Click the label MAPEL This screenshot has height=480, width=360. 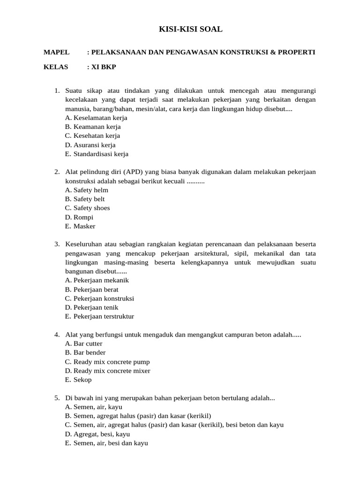pyautogui.click(x=56, y=52)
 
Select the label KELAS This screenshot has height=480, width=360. pyautogui.click(x=56, y=67)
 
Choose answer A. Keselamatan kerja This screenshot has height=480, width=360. pyautogui.click(x=96, y=118)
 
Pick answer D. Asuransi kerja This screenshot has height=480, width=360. pyautogui.click(x=90, y=145)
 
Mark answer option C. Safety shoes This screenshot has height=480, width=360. pyautogui.click(x=88, y=208)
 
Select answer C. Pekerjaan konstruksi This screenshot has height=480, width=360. pyautogui.click(x=99, y=299)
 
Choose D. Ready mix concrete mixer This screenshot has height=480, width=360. pyautogui.click(x=107, y=371)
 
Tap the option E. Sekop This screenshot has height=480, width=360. pyautogui.click(x=78, y=380)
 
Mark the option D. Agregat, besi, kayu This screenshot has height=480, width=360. pyautogui.click(x=97, y=434)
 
